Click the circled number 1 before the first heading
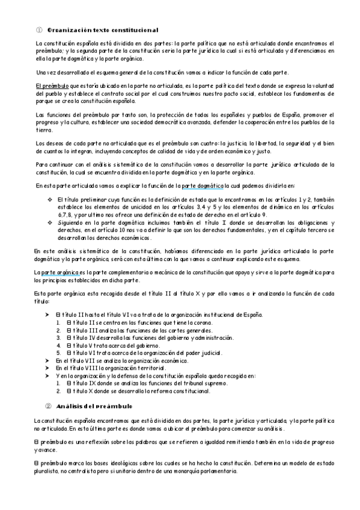point(39,29)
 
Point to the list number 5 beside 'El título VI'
point(58,352)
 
